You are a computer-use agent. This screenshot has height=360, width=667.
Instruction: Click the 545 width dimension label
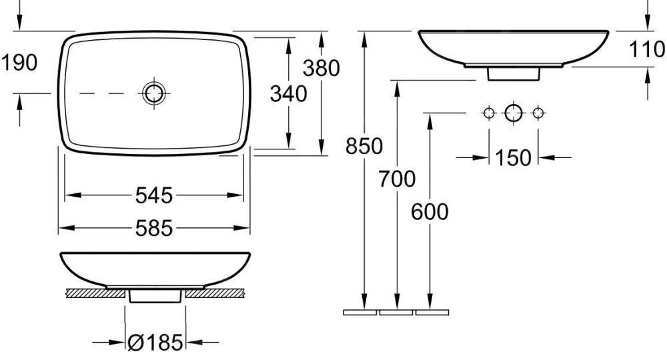tap(154, 195)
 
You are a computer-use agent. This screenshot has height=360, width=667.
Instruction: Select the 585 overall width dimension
tap(154, 228)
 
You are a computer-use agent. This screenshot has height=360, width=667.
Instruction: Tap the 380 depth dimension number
tap(321, 68)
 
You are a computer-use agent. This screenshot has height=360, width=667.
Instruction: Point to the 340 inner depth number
tap(288, 94)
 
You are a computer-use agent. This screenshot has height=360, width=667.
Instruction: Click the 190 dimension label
tap(19, 63)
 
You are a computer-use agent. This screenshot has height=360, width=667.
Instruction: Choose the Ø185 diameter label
tap(155, 343)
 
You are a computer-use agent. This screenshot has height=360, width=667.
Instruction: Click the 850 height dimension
tap(364, 146)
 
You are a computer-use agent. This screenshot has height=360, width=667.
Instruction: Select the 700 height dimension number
tap(397, 179)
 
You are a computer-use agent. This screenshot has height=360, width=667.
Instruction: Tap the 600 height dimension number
tap(430, 211)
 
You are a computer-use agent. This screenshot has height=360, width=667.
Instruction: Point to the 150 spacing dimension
tap(514, 158)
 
